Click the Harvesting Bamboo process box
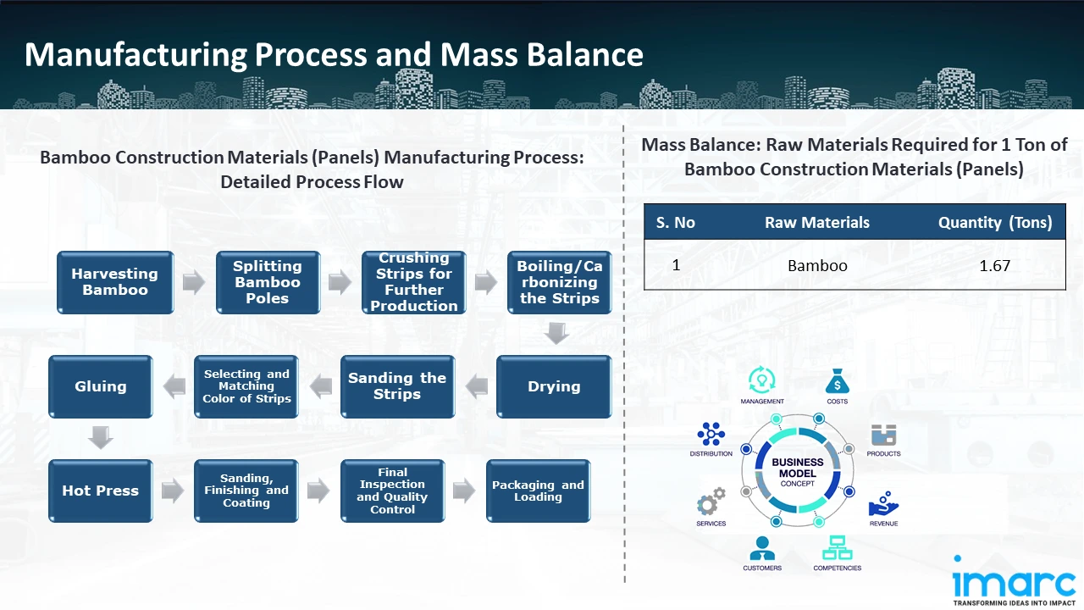pyautogui.click(x=114, y=282)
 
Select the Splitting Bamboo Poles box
pyautogui.click(x=267, y=282)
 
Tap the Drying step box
pyautogui.click(x=554, y=386)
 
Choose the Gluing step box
pyautogui.click(x=100, y=386)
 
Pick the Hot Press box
pyautogui.click(x=100, y=491)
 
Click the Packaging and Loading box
pyautogui.click(x=538, y=491)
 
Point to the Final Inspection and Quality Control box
pyautogui.click(x=392, y=491)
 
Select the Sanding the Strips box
pyautogui.click(x=397, y=386)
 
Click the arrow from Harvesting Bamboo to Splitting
pyautogui.click(x=194, y=283)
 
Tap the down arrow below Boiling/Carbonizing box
pyautogui.click(x=556, y=333)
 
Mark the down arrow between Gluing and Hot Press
pyautogui.click(x=101, y=438)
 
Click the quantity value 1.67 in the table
pyautogui.click(x=994, y=265)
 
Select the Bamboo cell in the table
pyautogui.click(x=817, y=265)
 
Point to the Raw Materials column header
pyautogui.click(x=817, y=223)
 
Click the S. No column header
pyautogui.click(x=676, y=223)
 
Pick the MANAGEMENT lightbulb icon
pyautogui.click(x=762, y=379)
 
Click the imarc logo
pyautogui.click(x=1014, y=583)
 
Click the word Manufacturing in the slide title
pyautogui.click(x=135, y=54)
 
